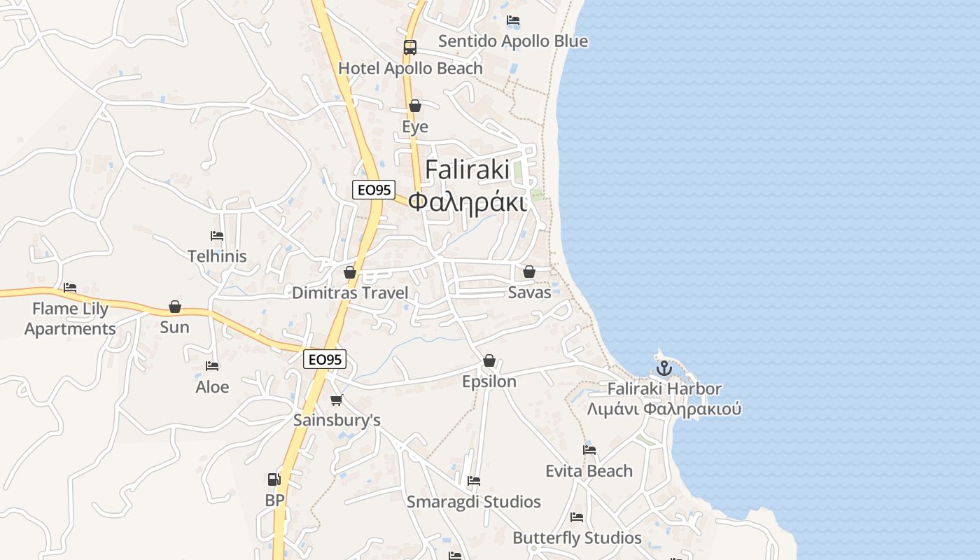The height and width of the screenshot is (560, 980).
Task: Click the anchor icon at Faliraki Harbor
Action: point(664,368)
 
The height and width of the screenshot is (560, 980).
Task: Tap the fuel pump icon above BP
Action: point(274,479)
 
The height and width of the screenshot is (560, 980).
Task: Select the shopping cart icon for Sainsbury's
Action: point(337,400)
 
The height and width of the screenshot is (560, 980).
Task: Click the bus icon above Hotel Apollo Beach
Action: point(410,48)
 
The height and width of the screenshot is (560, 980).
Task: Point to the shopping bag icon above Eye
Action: point(415,106)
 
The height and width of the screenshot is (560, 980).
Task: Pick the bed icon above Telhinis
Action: point(217,236)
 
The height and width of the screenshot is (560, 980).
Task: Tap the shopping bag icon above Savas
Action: point(529,272)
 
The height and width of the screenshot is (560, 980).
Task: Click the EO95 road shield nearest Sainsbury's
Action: point(325,359)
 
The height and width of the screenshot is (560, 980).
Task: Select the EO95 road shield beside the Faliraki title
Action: point(374,190)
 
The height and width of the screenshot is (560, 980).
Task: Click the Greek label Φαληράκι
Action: point(467,202)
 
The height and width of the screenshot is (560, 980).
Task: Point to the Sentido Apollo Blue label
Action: point(513,41)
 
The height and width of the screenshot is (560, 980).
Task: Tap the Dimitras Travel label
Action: point(350,293)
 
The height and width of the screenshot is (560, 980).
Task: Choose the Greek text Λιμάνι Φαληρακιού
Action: point(664,409)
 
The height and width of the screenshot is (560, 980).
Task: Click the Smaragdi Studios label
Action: point(474,502)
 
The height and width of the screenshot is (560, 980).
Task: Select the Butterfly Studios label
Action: point(577,538)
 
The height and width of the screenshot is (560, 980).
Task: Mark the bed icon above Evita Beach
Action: point(589,450)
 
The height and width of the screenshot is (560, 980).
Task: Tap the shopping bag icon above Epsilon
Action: point(489,361)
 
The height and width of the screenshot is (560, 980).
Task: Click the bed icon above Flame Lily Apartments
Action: point(70,288)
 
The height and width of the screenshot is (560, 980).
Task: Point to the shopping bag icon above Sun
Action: point(175,307)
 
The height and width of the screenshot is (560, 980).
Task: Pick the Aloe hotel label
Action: point(212,387)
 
